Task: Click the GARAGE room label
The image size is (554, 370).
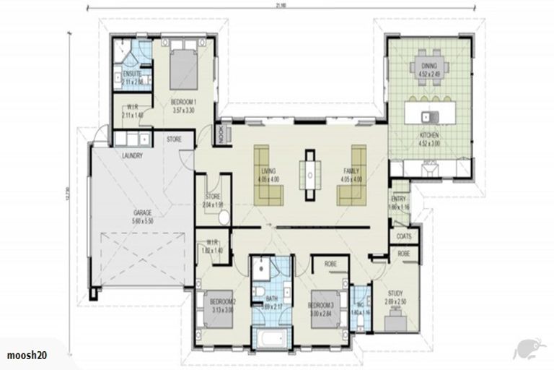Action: point(141,213)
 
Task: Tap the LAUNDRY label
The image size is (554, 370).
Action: point(132,155)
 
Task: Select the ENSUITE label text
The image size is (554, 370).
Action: point(131,74)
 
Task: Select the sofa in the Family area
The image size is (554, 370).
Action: point(352,176)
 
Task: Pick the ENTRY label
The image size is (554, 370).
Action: point(399,199)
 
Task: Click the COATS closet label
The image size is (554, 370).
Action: point(403,236)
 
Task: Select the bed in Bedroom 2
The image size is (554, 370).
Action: point(217,308)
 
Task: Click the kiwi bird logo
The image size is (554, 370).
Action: point(526,348)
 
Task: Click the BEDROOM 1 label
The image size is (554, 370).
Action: point(184,101)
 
